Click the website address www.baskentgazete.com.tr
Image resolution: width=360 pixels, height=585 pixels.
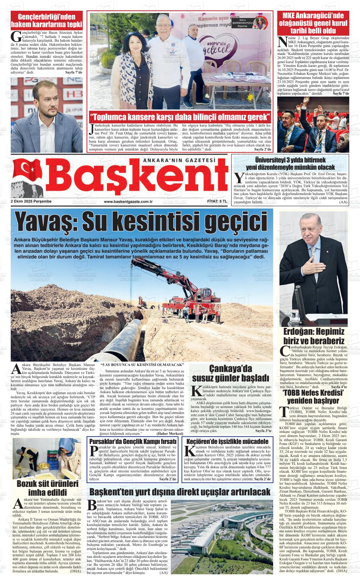(128, 201)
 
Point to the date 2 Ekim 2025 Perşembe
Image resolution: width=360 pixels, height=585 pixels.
(31, 201)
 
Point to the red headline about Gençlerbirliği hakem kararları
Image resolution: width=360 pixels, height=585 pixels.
(47, 21)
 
